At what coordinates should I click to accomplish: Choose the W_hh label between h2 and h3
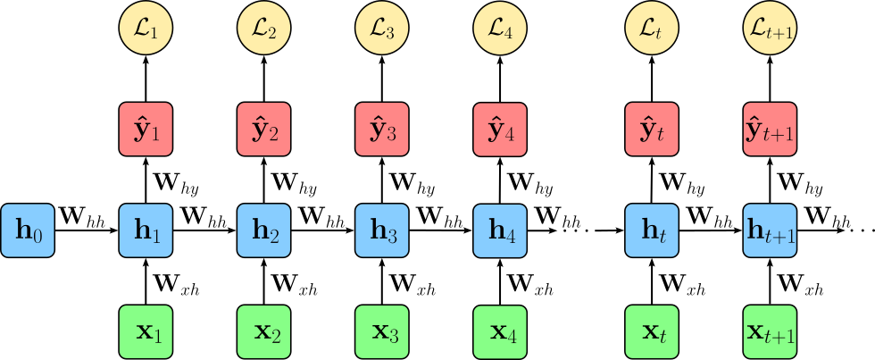pos(321,214)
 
